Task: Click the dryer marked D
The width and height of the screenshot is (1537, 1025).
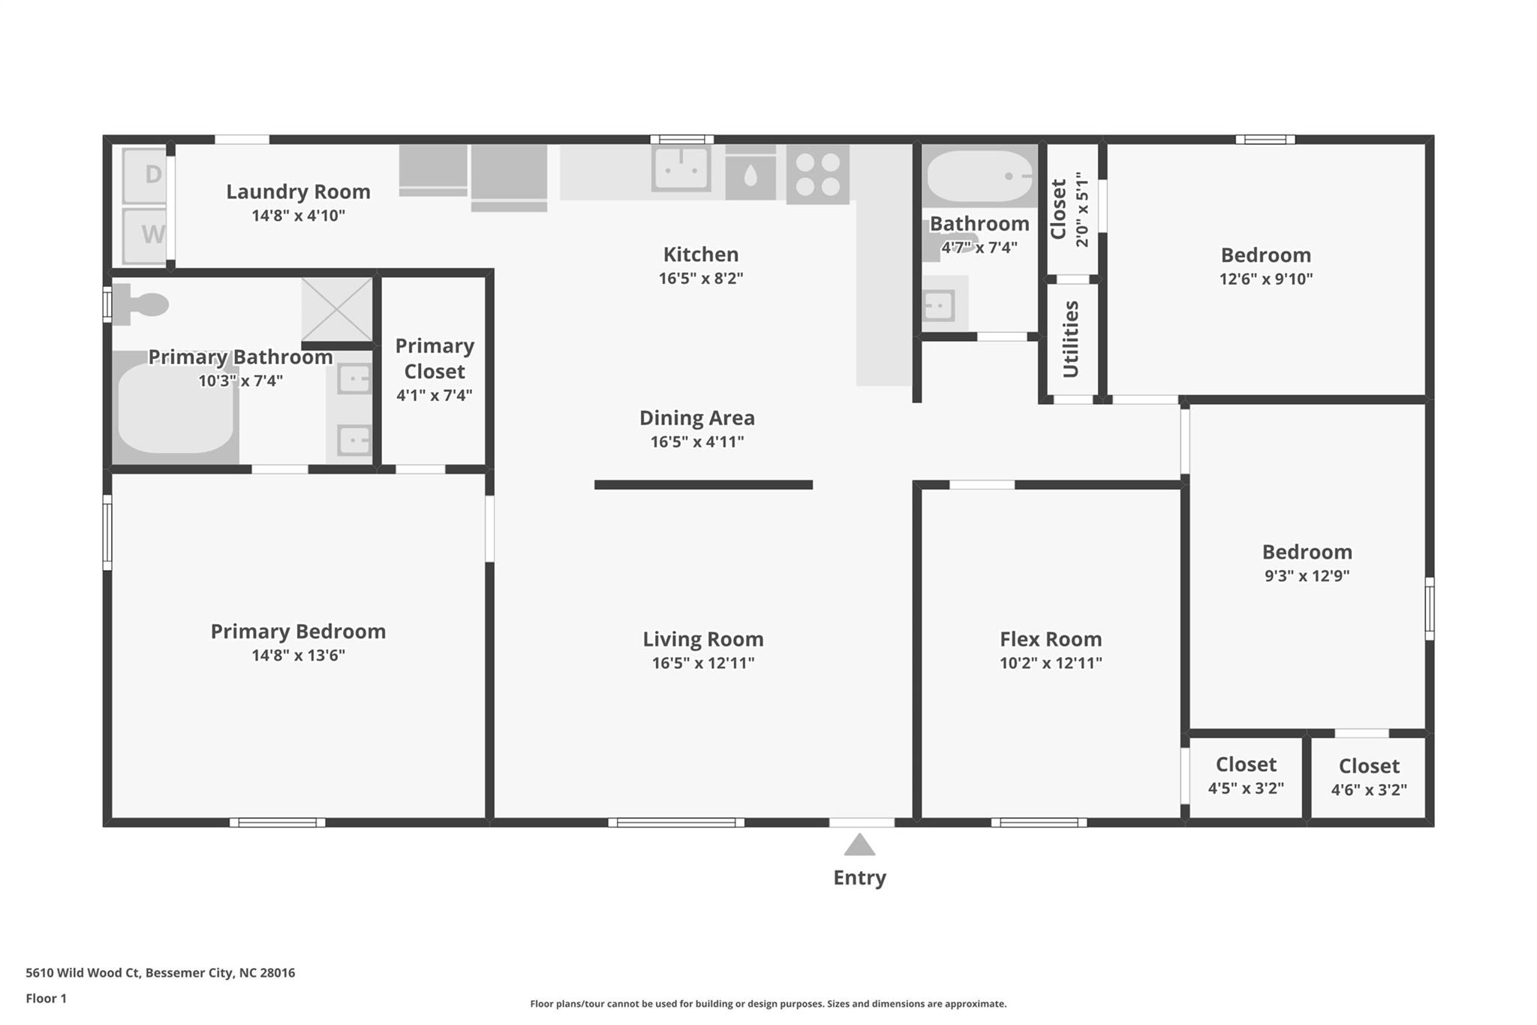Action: click(x=144, y=175)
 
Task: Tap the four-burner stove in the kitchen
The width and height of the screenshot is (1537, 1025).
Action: click(x=817, y=174)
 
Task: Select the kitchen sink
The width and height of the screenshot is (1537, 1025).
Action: click(x=681, y=168)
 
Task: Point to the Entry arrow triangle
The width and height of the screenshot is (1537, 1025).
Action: click(x=859, y=846)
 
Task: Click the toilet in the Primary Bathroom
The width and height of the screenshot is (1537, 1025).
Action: click(x=143, y=304)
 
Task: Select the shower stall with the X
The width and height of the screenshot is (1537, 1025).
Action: click(x=337, y=309)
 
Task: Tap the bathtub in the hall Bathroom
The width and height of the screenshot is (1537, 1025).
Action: click(x=979, y=176)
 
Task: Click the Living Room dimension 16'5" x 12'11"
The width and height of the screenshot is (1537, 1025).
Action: click(x=703, y=663)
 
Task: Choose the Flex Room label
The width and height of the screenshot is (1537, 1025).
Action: click(x=1051, y=639)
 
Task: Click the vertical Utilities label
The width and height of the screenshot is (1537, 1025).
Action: click(x=1071, y=339)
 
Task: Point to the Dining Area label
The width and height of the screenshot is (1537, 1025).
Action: click(x=696, y=418)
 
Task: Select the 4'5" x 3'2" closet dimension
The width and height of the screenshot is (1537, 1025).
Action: click(x=1246, y=788)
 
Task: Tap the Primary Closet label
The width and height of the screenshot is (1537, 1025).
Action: click(x=435, y=358)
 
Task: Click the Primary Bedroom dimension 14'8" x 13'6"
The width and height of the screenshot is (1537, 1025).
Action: click(x=298, y=656)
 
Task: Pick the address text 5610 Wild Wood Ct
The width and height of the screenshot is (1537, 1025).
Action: click(x=83, y=972)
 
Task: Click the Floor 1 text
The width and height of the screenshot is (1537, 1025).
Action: click(x=46, y=998)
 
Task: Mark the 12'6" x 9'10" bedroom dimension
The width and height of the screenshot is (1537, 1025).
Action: click(x=1265, y=279)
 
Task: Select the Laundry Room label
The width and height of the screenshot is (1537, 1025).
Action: click(x=298, y=191)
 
